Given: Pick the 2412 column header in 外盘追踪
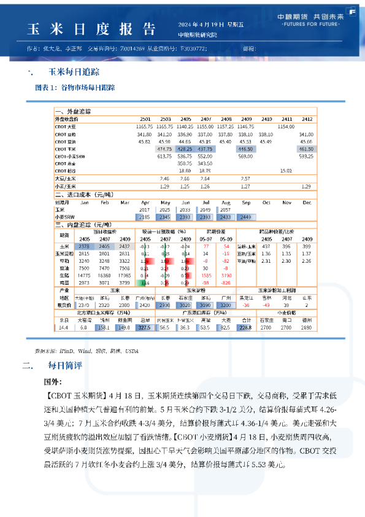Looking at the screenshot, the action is pos(307,119).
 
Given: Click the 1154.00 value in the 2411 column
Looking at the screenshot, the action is pos(286,126).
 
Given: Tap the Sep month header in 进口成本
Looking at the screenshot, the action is pos(246,202).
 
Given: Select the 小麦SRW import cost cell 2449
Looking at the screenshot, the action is pos(246,217).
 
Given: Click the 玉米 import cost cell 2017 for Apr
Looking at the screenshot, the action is pos(145,209).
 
